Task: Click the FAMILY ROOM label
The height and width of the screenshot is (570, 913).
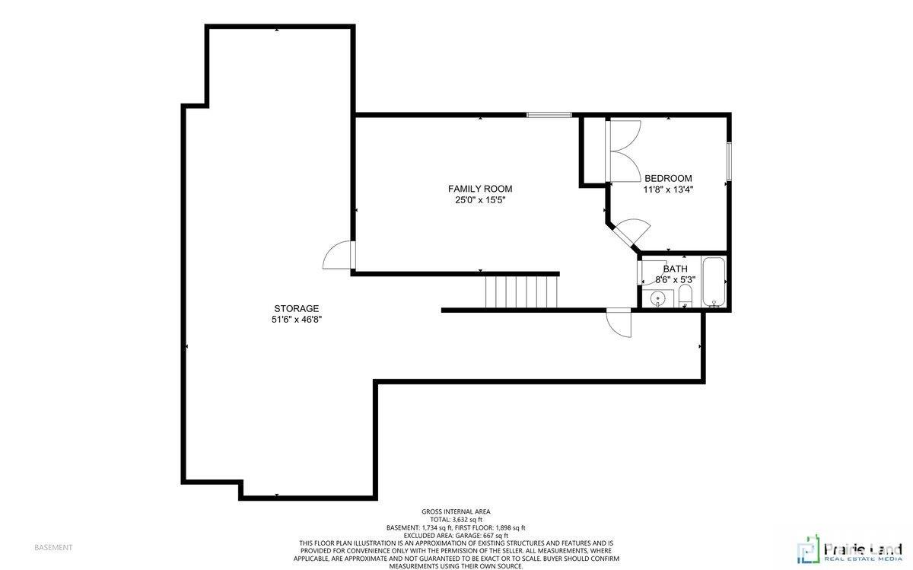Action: coord(479,189)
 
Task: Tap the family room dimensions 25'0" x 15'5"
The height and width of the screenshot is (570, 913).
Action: coord(479,201)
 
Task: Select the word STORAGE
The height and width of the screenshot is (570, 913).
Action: coord(297,308)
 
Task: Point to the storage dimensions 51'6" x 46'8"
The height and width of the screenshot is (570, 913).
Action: coord(297,320)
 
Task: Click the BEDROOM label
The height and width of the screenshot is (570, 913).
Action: coord(668,178)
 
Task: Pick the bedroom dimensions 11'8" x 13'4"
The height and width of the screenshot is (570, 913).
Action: coord(668,189)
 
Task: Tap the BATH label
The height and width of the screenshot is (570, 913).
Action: coord(675,269)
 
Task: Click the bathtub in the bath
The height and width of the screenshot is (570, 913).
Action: coord(714,282)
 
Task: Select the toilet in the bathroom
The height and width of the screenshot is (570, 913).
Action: coord(685,295)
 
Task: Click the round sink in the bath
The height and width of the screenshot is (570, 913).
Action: coord(659,298)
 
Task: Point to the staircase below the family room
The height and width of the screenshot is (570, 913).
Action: coord(522,291)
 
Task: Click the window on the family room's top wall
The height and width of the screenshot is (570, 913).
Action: coord(549,115)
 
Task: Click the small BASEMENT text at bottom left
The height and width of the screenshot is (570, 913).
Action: coord(53,547)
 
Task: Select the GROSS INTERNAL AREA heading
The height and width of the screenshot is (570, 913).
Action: coord(456,511)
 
